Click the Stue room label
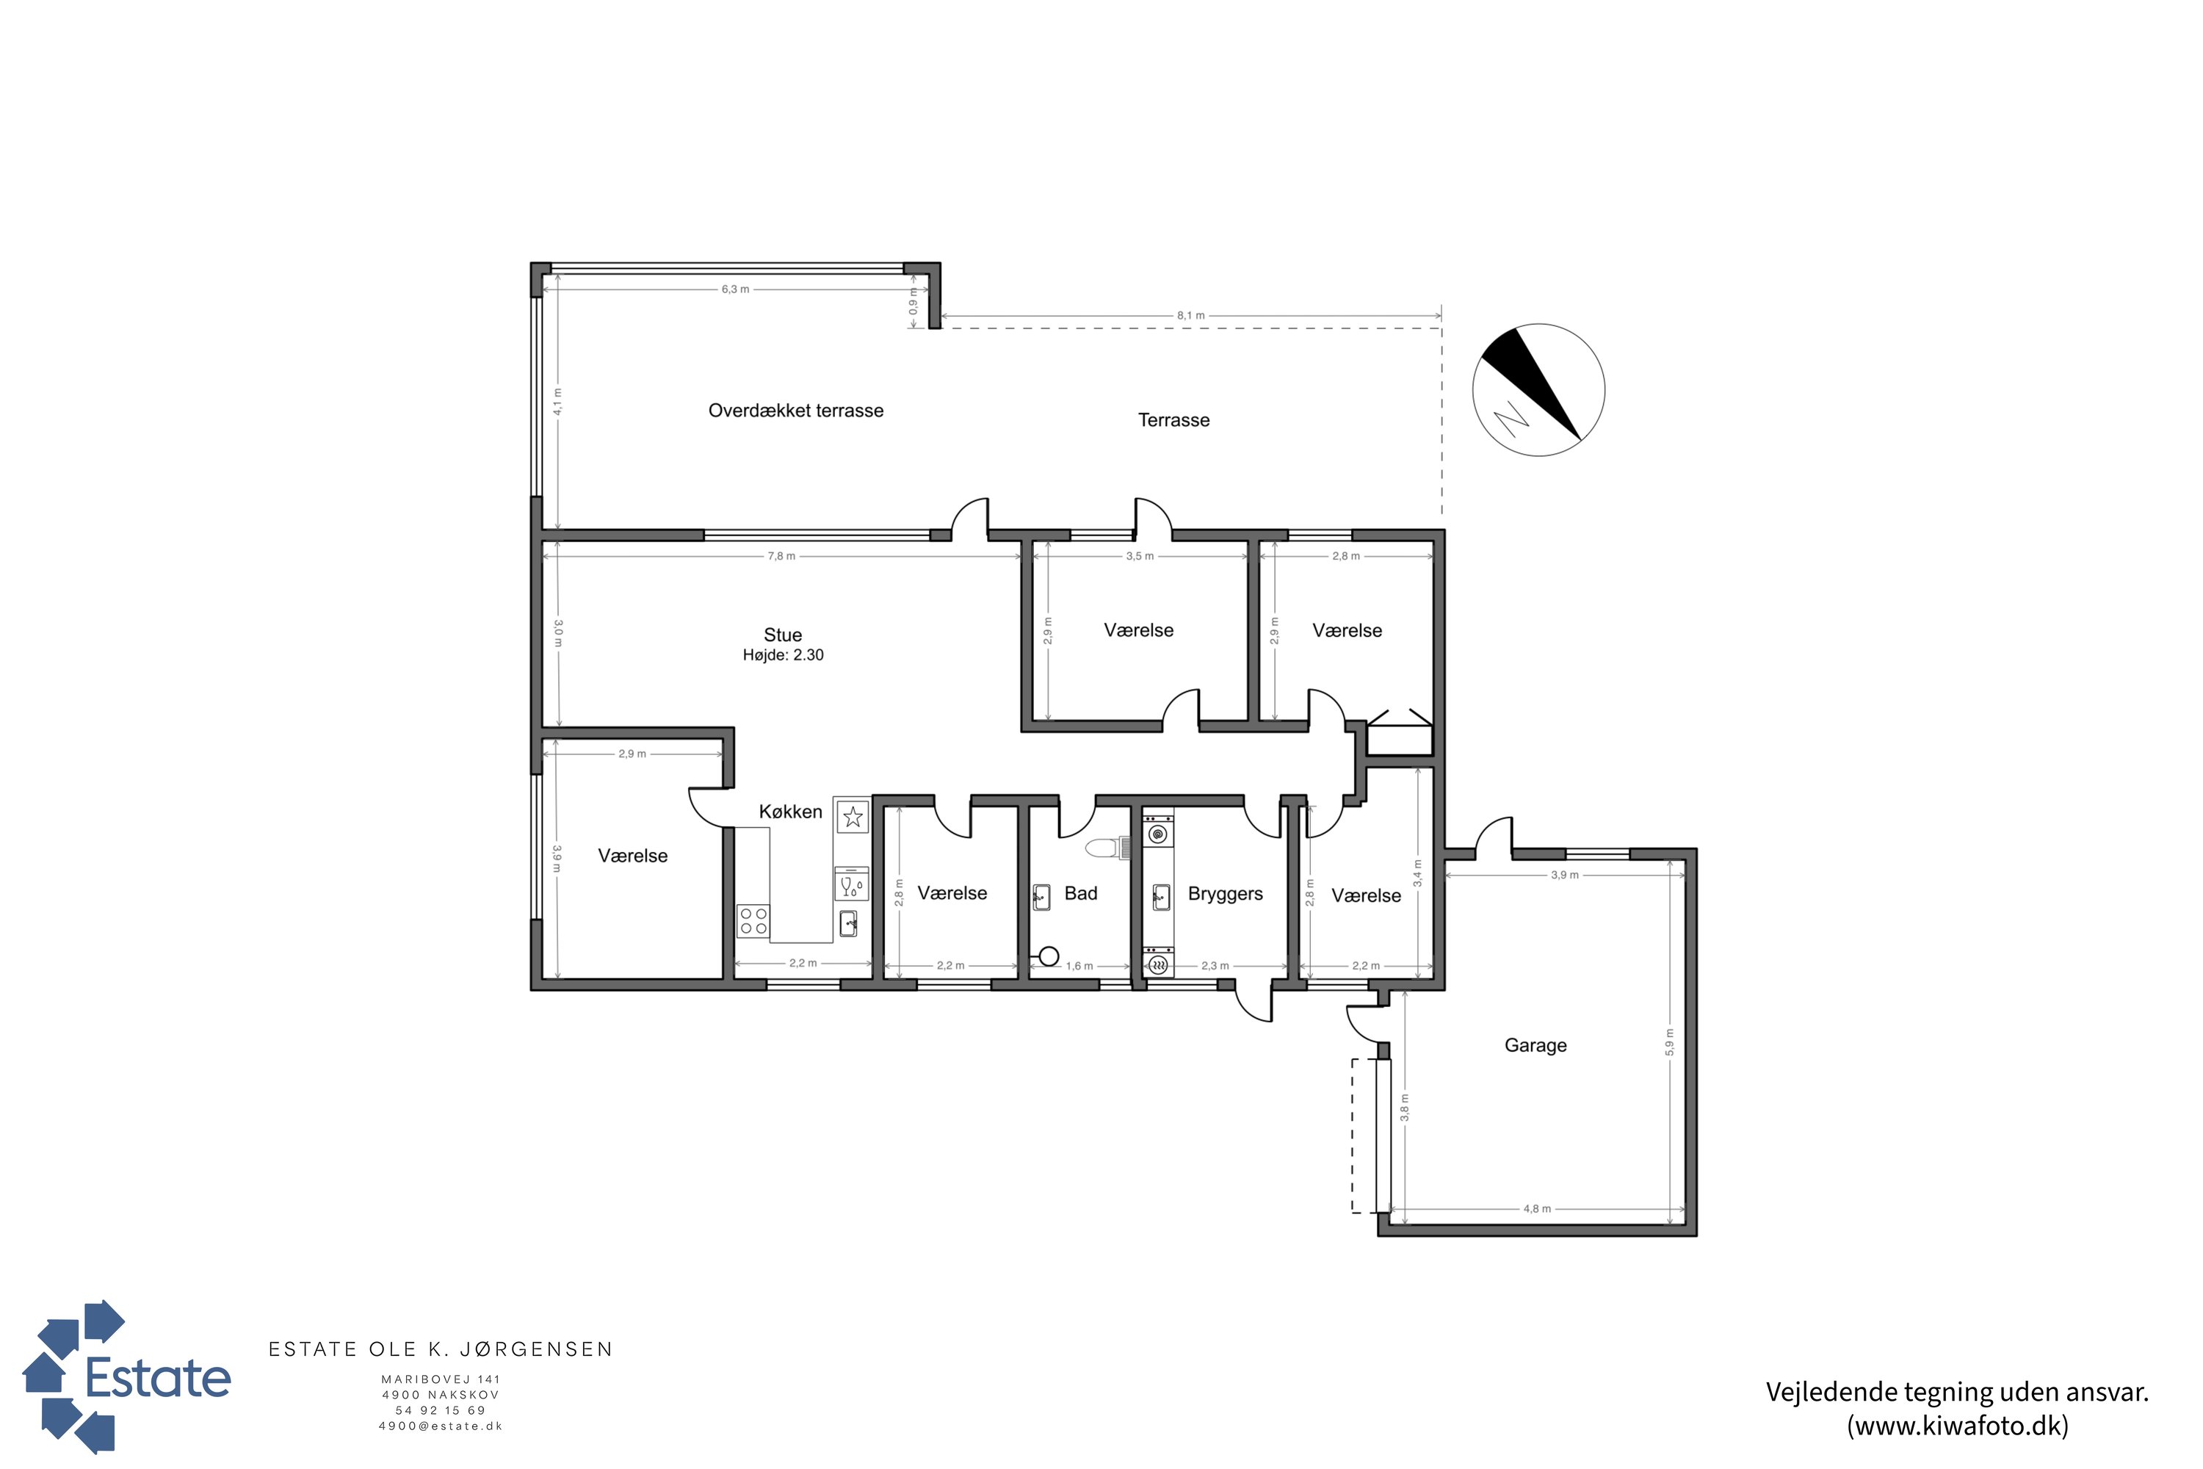coord(782,635)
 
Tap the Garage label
coord(1535,1044)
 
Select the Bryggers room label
coord(1225,894)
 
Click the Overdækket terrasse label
coord(795,411)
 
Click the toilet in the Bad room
coord(1108,848)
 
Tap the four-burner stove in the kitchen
coord(754,921)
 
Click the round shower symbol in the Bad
coord(1049,956)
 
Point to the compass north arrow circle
coord(1538,390)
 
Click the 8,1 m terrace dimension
coord(1190,316)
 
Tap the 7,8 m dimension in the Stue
coord(781,557)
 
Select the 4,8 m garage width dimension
coord(1537,1208)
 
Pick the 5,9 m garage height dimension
coord(1670,1042)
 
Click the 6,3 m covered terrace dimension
coord(735,289)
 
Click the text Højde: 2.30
coord(783,656)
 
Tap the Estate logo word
coord(157,1378)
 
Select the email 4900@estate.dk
coord(440,1426)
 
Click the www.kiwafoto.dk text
coord(1958,1426)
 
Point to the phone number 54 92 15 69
coord(440,1410)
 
